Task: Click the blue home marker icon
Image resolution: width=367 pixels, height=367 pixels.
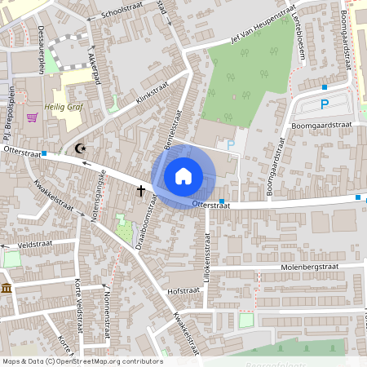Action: tap(183, 176)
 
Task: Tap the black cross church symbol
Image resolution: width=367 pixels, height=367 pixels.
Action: tap(140, 191)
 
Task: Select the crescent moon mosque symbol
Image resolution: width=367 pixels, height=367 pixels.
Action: tap(80, 148)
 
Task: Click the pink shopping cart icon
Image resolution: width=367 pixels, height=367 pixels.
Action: tap(32, 117)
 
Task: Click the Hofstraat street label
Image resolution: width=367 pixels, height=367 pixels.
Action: tap(183, 289)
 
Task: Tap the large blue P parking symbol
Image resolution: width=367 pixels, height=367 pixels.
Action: tap(325, 104)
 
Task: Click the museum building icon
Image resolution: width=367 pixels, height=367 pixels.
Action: tap(6, 290)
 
